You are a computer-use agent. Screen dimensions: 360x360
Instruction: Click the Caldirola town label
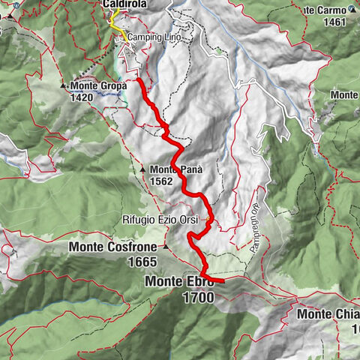124,5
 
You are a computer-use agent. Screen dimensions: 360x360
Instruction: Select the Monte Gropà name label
99,85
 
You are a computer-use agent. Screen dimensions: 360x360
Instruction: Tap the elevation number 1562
160,181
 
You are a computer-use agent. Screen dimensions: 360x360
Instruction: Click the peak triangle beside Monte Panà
142,169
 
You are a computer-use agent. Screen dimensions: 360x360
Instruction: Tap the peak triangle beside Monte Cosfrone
166,246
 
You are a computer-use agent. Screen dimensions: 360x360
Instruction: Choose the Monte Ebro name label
179,283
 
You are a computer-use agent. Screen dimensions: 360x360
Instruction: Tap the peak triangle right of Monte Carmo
352,10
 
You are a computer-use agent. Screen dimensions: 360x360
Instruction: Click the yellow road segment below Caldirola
115,23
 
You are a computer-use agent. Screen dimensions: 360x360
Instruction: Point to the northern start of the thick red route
139,79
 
